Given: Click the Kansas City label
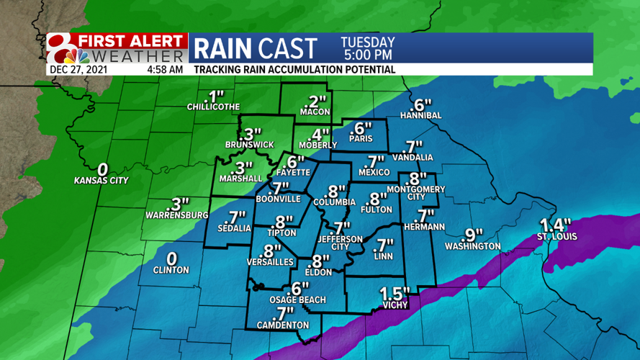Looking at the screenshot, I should [101, 181].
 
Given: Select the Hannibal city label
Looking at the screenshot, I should [420, 115].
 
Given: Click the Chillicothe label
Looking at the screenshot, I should [213, 107].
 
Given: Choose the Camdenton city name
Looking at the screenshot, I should [283, 325].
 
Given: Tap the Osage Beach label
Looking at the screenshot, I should [297, 300].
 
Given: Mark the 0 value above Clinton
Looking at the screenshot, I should [172, 258].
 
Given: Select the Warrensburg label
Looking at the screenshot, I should [176, 215].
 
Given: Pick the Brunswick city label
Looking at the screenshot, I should [249, 145].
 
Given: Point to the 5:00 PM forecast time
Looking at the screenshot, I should [367, 55].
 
